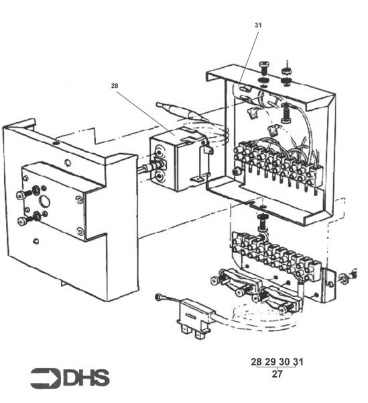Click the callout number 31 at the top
(259, 25)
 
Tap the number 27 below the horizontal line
(277, 374)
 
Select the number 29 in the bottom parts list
(270, 362)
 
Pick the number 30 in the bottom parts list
(284, 362)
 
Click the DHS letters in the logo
(86, 378)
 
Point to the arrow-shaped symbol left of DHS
(46, 378)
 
